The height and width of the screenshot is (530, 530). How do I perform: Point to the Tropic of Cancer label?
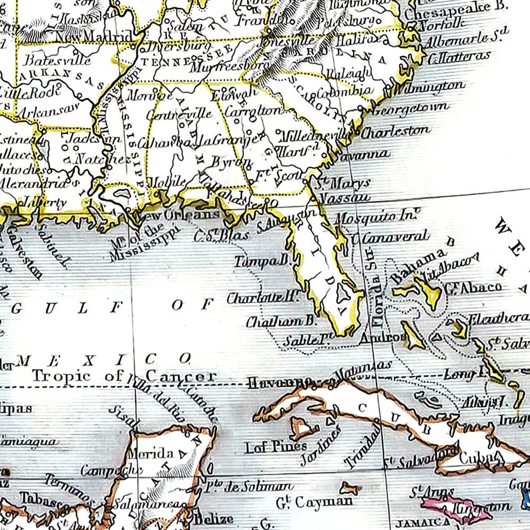coord(125,376)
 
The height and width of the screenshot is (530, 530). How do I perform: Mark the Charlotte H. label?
coord(262,298)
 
